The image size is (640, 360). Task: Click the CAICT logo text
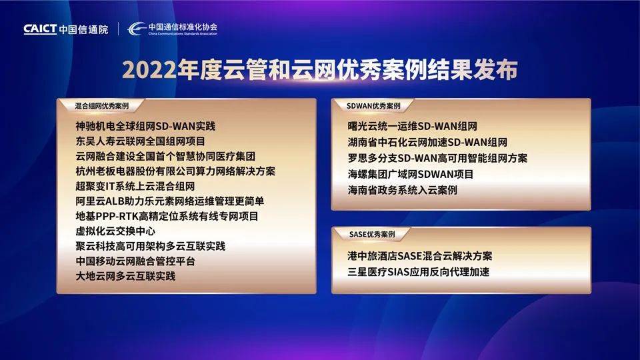[x=40, y=29]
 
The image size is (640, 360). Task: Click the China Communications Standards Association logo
[x=172, y=29]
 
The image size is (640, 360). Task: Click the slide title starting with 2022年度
[x=319, y=70]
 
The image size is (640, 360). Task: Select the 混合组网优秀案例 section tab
[x=101, y=106]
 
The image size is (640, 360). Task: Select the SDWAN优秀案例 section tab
[x=373, y=106]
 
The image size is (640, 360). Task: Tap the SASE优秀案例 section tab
[x=372, y=234]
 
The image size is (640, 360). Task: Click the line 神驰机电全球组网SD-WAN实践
[x=145, y=126]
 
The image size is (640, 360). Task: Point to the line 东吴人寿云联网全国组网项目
[x=141, y=141]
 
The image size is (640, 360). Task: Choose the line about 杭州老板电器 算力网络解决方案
[x=175, y=171]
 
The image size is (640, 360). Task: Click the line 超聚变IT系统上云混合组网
[x=135, y=186]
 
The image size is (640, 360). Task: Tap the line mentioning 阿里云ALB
[x=170, y=201]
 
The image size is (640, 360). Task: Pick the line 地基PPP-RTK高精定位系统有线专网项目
[x=167, y=216]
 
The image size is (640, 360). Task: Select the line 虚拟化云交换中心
[x=115, y=231]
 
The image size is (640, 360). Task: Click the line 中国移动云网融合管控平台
[x=135, y=261]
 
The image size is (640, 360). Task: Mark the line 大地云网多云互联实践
[x=125, y=276]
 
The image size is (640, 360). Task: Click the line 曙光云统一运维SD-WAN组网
[x=412, y=126]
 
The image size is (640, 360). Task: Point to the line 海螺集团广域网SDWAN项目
[x=411, y=174]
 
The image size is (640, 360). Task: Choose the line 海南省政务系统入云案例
[x=403, y=190]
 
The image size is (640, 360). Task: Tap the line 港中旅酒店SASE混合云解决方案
[x=419, y=256]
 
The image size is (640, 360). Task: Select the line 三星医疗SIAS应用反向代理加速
[x=419, y=272]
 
